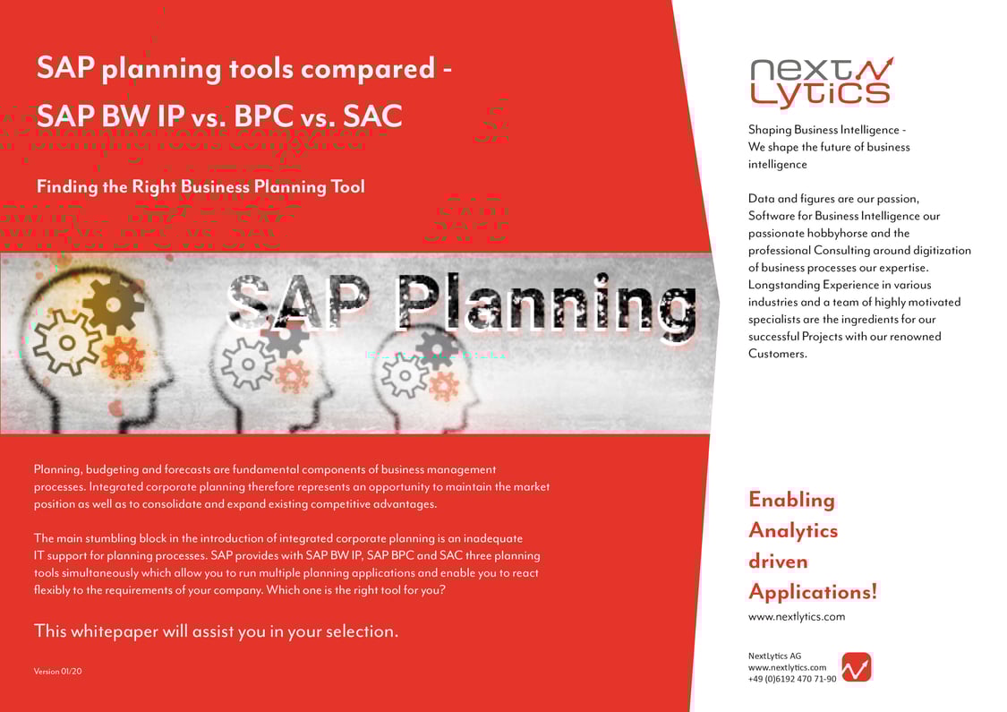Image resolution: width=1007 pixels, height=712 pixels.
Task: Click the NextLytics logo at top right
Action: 820,82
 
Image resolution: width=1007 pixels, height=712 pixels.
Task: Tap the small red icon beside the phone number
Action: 857,667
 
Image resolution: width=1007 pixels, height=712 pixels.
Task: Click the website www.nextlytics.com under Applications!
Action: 796,616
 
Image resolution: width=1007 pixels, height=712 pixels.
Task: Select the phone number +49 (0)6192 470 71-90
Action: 792,679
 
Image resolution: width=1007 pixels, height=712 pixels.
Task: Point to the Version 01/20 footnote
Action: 58,671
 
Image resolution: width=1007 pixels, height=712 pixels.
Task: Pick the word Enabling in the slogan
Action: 791,500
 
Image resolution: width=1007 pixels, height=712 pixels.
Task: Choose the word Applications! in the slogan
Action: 813,592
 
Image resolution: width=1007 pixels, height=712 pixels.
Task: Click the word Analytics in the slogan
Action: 793,530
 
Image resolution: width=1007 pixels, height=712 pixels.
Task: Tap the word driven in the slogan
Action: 778,562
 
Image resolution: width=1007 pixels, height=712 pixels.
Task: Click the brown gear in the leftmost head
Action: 114,303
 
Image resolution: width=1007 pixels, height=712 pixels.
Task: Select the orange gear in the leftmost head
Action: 123,356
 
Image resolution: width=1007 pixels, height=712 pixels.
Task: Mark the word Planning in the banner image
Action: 546,303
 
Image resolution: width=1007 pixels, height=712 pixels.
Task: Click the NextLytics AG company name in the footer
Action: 774,656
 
